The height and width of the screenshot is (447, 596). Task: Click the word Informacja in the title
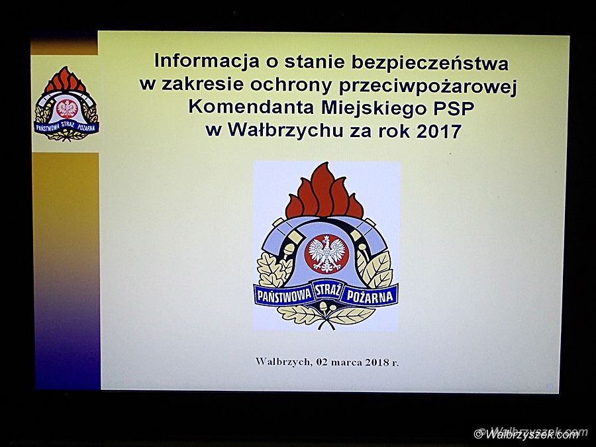coord(207,61)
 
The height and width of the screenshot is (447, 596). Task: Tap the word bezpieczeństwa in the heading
coord(430,62)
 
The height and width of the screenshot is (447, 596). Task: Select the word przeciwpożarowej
coord(428,87)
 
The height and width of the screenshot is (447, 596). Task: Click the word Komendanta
coord(251,107)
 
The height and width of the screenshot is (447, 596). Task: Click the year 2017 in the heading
coord(439,132)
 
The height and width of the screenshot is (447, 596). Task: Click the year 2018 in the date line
coord(377,362)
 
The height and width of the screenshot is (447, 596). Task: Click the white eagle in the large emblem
coord(326,254)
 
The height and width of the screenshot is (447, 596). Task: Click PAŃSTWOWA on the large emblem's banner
coord(284,297)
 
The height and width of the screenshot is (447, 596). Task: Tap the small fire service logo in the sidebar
coord(66,104)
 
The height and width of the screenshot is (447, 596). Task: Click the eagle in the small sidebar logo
coord(67,109)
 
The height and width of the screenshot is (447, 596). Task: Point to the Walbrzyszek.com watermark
coord(531,433)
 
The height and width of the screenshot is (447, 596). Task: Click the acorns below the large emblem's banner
coord(327,307)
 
